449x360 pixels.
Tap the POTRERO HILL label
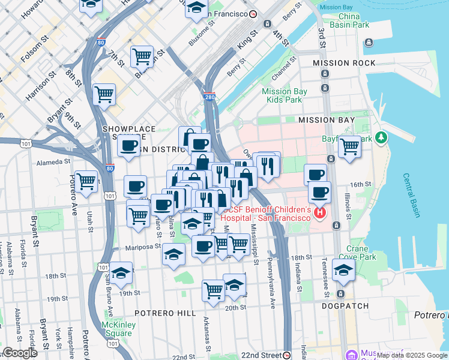(x=165, y=313)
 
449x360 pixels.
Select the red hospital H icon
(x=320, y=212)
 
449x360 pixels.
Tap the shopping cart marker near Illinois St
(x=349, y=145)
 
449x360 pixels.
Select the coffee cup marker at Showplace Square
(x=128, y=145)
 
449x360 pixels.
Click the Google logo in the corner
(x=19, y=353)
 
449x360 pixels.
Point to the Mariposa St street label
(x=143, y=247)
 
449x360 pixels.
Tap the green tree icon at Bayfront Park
(x=380, y=138)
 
